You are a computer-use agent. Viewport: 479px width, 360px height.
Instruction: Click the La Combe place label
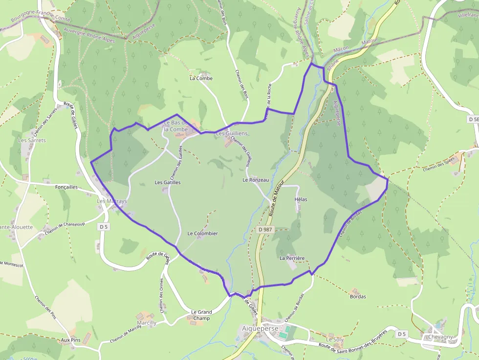click(x=201, y=78)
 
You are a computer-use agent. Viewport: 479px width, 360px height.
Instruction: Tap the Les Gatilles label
click(x=168, y=183)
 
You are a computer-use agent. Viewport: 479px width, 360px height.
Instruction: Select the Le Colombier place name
click(x=202, y=233)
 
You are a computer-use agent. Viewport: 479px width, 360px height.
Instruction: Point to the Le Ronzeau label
click(x=256, y=180)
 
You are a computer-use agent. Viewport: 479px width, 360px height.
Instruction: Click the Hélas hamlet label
click(x=301, y=200)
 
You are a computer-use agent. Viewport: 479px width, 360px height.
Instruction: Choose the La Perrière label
click(x=292, y=258)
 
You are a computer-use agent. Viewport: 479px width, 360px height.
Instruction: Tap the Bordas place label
click(x=358, y=296)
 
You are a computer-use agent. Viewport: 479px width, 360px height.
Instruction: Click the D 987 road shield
click(x=265, y=230)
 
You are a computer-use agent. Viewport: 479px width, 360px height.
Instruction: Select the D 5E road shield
click(x=473, y=119)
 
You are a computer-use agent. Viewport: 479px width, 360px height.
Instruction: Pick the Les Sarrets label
click(x=32, y=140)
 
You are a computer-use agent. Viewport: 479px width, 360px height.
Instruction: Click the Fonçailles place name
click(x=66, y=187)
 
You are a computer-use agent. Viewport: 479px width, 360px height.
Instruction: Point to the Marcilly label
click(x=147, y=323)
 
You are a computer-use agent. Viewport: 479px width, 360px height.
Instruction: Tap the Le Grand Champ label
click(x=201, y=315)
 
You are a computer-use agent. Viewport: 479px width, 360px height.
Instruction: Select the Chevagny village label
click(x=440, y=337)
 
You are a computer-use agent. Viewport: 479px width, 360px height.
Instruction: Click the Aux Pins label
click(x=70, y=339)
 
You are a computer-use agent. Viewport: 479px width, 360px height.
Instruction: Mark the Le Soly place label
click(x=335, y=339)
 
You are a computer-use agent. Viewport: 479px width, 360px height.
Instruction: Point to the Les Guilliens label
click(x=232, y=133)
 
